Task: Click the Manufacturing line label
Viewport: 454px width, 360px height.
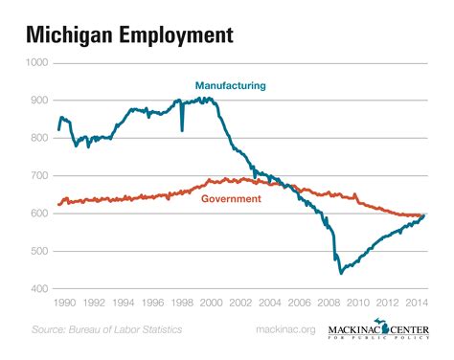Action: tap(231, 86)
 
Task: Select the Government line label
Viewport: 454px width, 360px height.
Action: tap(231, 199)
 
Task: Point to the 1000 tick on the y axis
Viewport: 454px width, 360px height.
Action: tap(36, 62)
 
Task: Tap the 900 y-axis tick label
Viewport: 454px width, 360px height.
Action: tap(38, 101)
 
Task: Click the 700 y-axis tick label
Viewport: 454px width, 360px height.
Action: tap(38, 176)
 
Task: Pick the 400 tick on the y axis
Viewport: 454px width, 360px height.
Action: tap(38, 289)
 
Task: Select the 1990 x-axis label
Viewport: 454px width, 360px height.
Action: tap(63, 303)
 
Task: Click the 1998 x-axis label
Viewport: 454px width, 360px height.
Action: tap(182, 303)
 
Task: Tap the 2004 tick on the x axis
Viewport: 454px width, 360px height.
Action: tap(271, 303)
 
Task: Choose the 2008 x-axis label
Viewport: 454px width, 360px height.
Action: tap(330, 303)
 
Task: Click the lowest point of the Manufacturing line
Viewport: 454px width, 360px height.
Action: tap(340, 274)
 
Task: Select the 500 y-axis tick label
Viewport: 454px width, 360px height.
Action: tap(38, 252)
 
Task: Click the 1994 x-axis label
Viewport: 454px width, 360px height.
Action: tap(123, 303)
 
